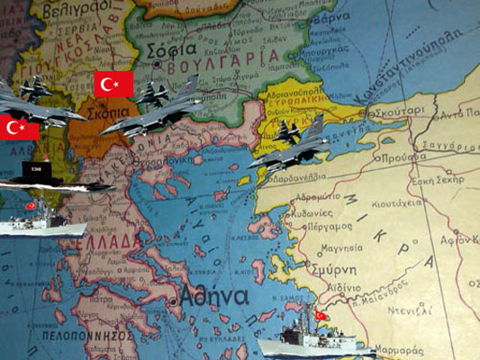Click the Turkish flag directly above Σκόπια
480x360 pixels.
(113, 85)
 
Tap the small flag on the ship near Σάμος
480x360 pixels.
(321, 316)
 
